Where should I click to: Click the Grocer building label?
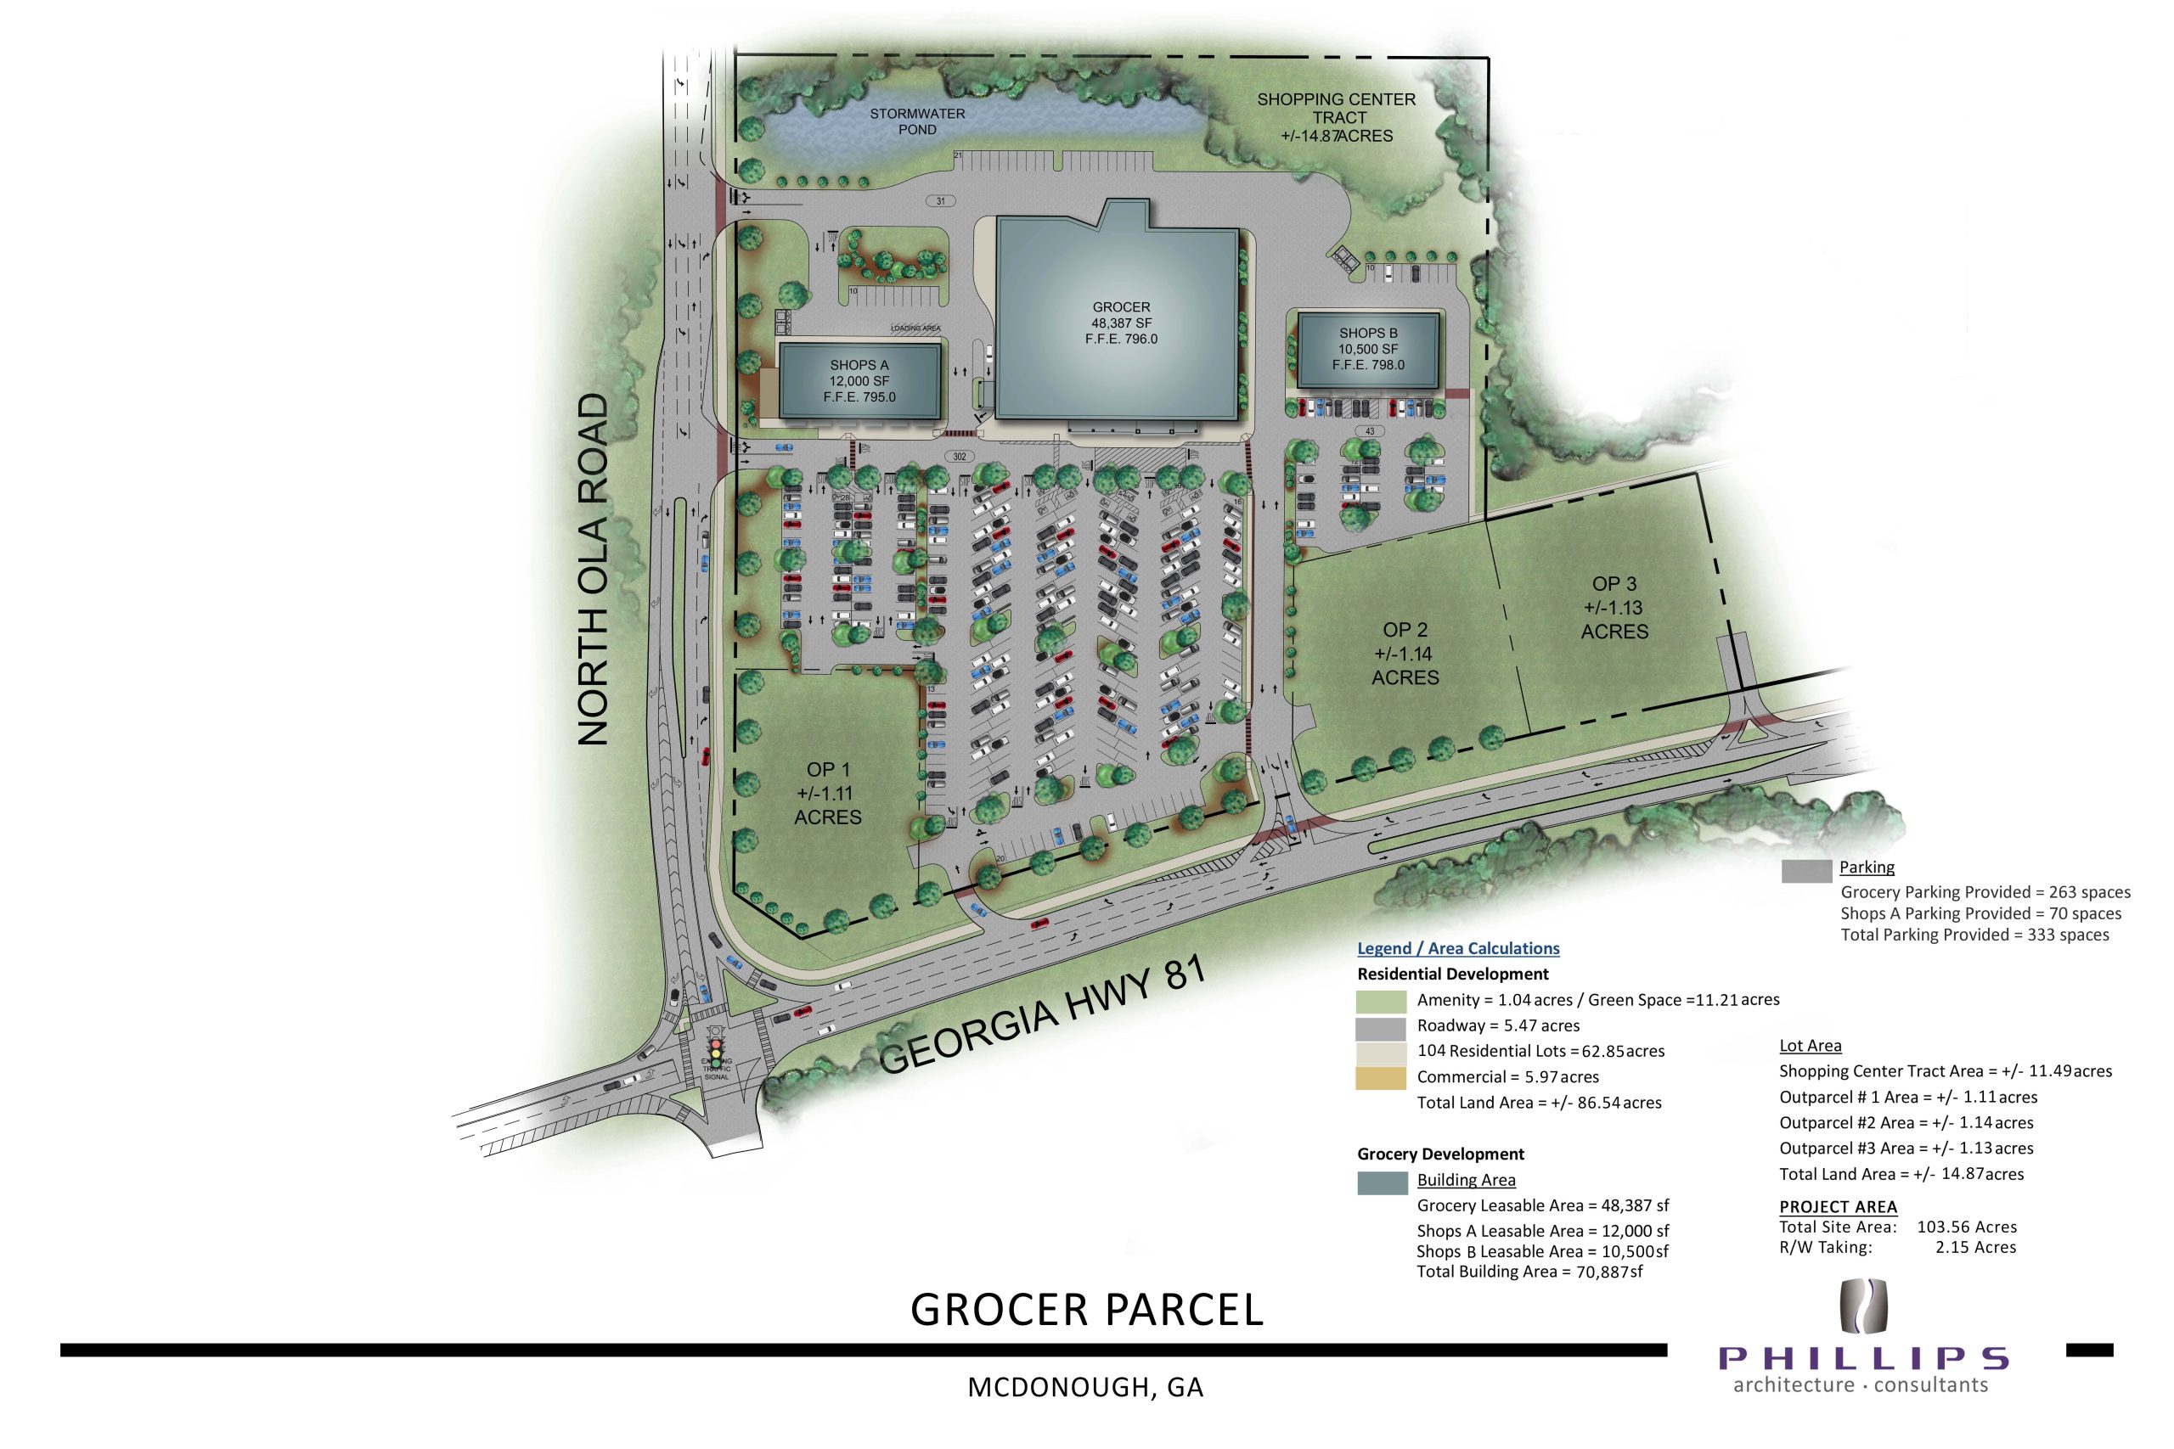(1120, 323)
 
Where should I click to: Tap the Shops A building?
(859, 382)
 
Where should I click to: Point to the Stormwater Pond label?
(917, 121)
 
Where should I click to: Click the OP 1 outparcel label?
(827, 793)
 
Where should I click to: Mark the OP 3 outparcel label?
(1614, 607)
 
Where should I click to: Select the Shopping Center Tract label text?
(1336, 117)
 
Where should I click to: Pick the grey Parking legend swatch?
(1806, 871)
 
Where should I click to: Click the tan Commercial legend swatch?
(1382, 1077)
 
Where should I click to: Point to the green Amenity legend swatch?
(1382, 1001)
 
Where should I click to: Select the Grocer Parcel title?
(1086, 1310)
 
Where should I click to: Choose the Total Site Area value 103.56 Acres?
(1966, 1227)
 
